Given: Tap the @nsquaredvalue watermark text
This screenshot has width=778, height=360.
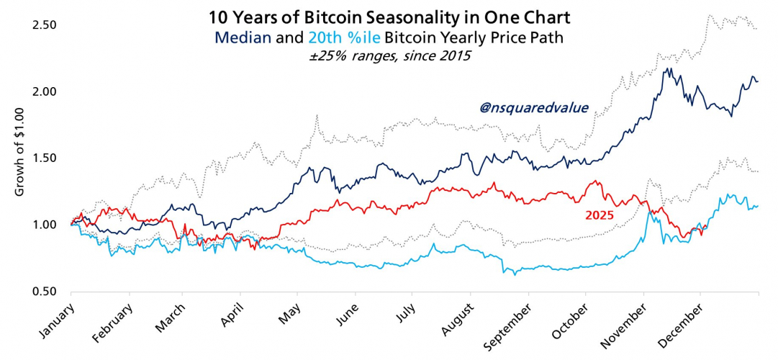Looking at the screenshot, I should [534, 108].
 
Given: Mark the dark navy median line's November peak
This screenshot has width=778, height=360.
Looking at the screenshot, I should [669, 69].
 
